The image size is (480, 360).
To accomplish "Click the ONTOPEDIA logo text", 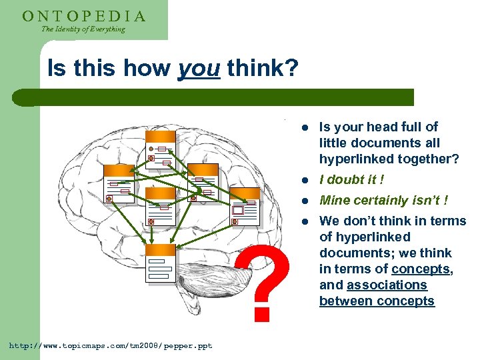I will click(84, 15).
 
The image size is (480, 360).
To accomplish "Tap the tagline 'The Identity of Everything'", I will click(83, 29).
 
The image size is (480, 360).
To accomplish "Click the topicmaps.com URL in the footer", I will click(110, 345).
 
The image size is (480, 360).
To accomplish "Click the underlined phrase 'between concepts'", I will click(377, 301).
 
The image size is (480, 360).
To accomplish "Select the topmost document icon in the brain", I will click(161, 147).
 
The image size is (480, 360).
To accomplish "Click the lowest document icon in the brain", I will click(159, 263).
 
